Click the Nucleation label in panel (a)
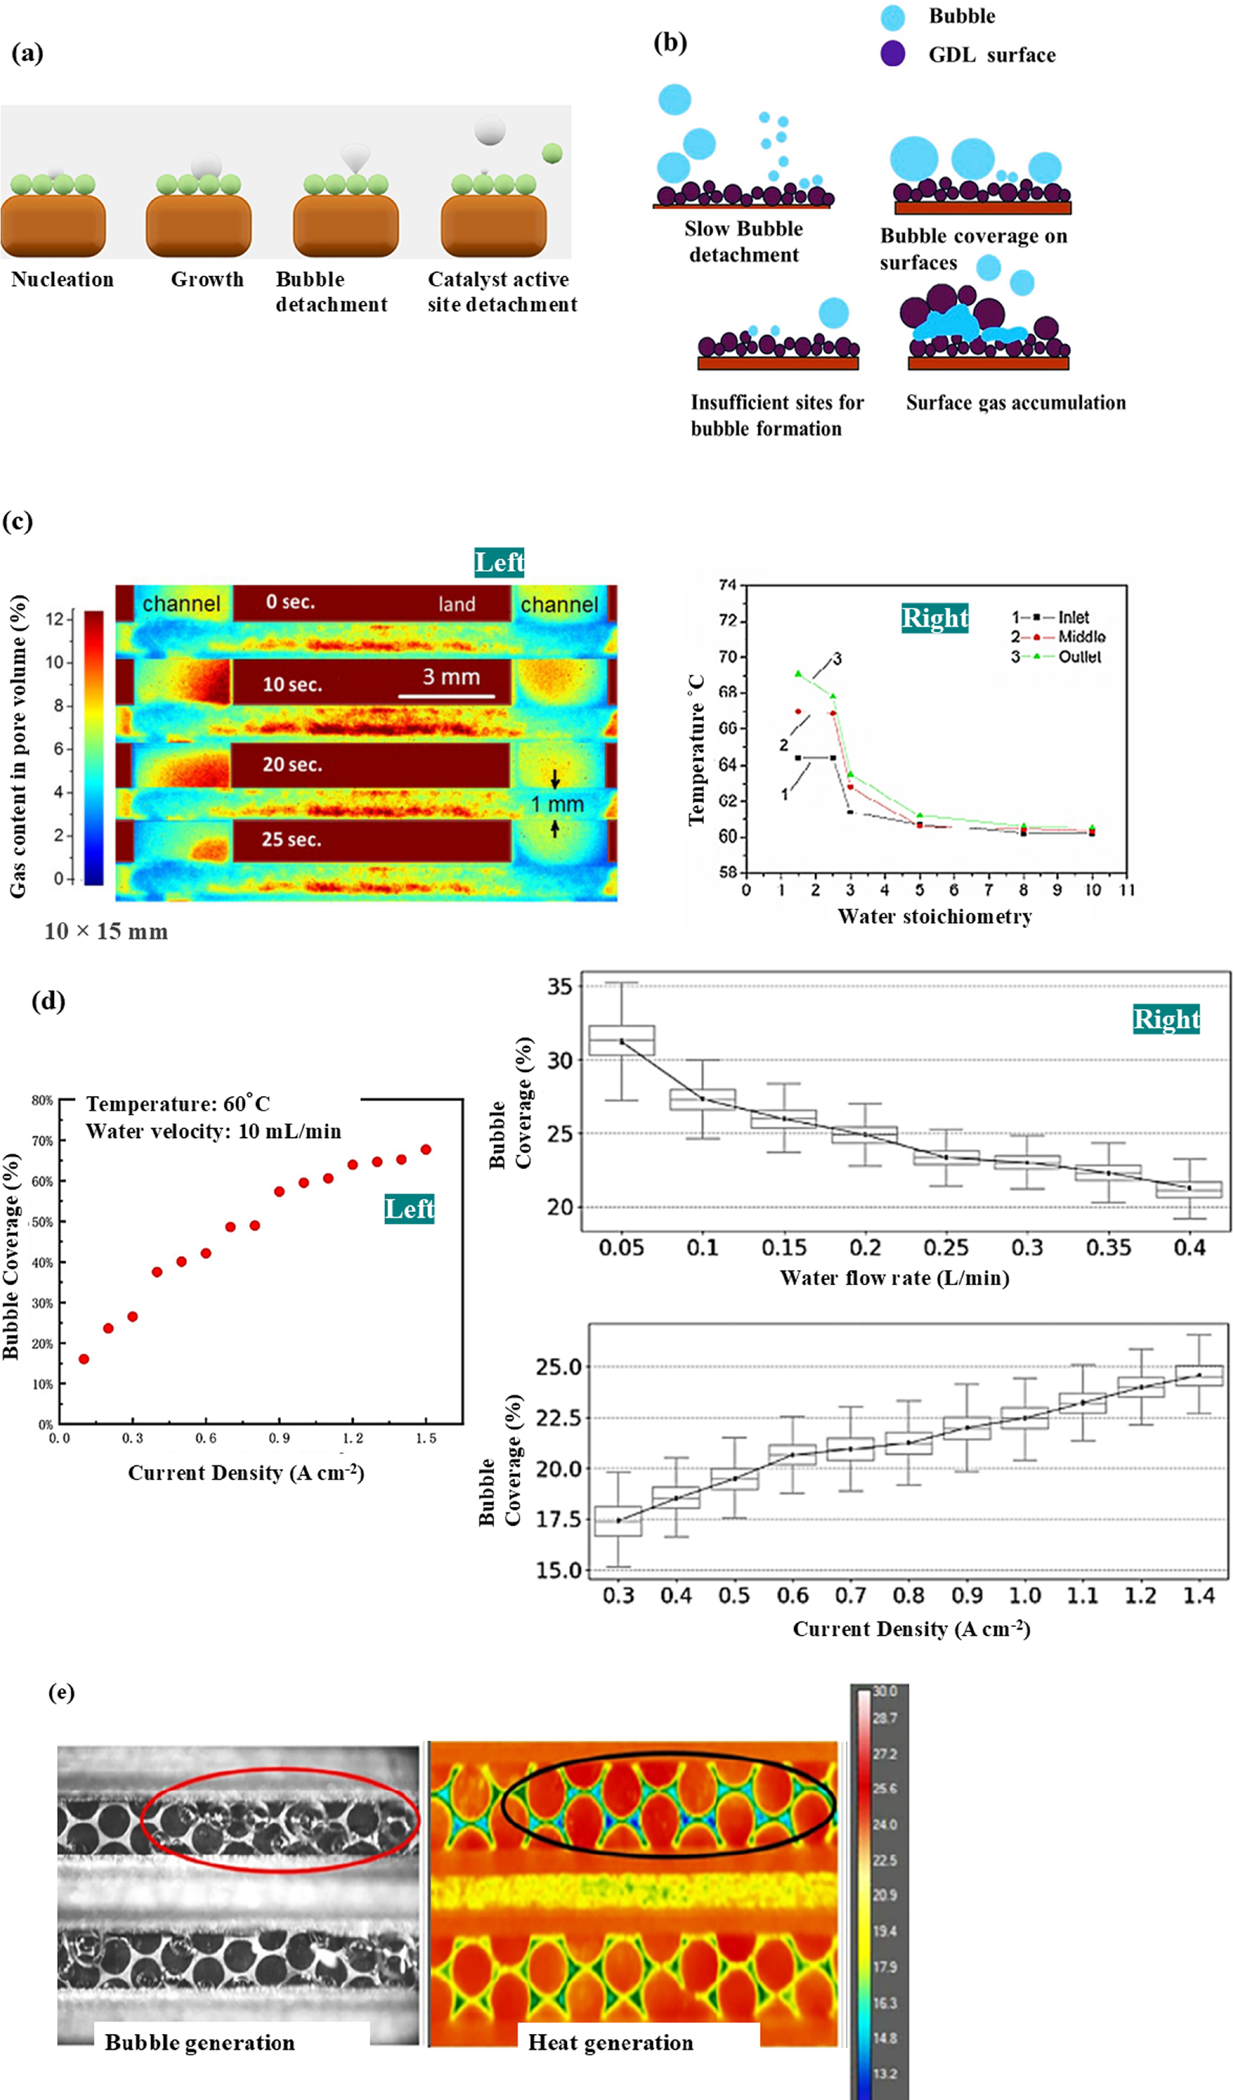[x=62, y=279]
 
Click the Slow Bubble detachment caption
[x=744, y=242]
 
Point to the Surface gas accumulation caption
[x=1015, y=403]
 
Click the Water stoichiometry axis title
[x=935, y=917]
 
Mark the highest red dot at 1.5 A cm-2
[x=426, y=1149]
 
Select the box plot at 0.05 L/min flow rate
[x=622, y=1041]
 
